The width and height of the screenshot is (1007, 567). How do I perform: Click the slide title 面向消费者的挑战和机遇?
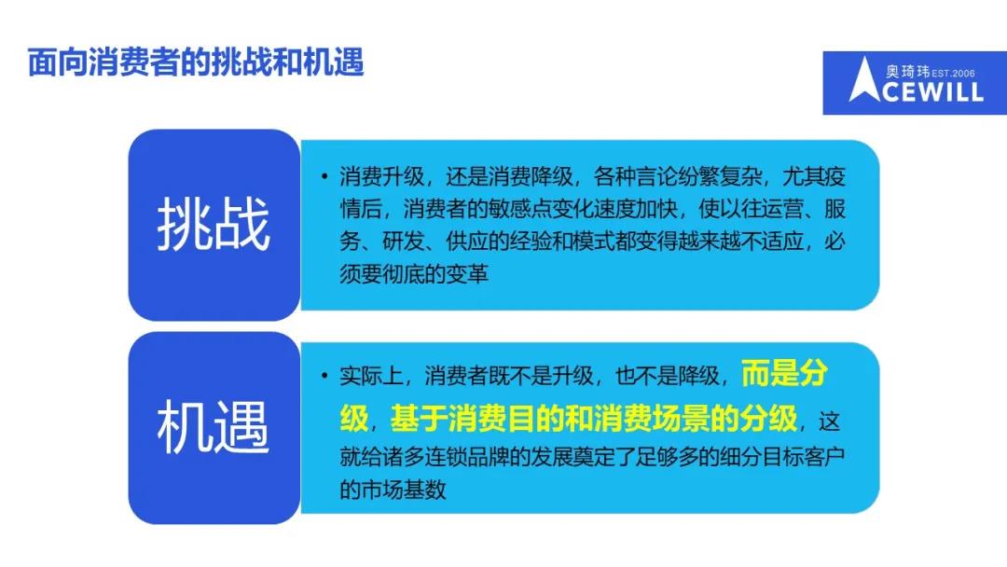coord(196,62)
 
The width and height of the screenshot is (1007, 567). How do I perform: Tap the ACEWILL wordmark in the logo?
coord(933,91)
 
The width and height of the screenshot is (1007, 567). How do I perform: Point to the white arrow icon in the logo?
coord(864,79)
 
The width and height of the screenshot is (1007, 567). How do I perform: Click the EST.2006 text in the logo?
coord(953,73)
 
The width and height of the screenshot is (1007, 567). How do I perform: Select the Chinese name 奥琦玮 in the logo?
coord(907,71)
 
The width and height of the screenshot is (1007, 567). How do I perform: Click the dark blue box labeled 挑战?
coord(214,225)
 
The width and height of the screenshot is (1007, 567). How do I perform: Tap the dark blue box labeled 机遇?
coord(214,428)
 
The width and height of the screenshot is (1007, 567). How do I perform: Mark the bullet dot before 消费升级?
coord(325,176)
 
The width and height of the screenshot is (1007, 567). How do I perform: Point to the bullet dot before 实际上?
coord(325,376)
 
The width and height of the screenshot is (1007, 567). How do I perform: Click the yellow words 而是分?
coord(784,374)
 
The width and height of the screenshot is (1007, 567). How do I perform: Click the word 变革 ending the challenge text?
coord(467,274)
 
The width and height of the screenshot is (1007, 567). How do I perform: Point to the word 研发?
coord(404,242)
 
